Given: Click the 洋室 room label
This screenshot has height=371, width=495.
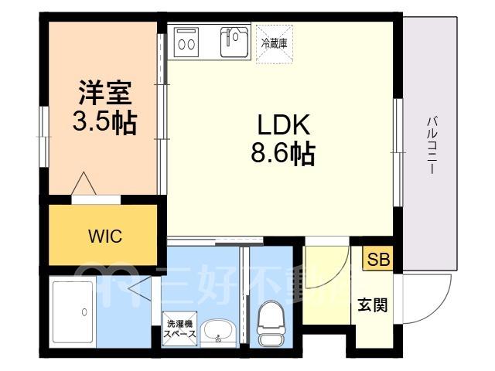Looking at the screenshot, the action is (x=105, y=93).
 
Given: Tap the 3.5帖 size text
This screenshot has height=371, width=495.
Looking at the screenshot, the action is (x=105, y=122).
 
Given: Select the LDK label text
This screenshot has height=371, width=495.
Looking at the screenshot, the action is (x=284, y=124).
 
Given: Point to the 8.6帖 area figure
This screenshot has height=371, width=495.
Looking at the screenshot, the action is (x=283, y=155).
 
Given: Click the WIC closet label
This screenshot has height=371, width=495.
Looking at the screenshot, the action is (x=105, y=236).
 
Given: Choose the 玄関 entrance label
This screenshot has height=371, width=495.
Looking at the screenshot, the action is (x=373, y=305).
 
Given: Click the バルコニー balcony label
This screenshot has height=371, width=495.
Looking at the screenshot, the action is (x=432, y=145).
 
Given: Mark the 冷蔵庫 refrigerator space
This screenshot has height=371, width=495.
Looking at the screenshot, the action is (x=275, y=44).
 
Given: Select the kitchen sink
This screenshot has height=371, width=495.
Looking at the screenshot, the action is (x=234, y=41).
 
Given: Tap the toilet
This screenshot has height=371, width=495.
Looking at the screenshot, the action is (x=271, y=323).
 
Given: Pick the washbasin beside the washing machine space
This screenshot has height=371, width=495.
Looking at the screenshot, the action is (x=218, y=332).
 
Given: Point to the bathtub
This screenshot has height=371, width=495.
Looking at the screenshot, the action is (x=73, y=312).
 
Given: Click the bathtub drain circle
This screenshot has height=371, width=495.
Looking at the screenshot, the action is (x=84, y=312).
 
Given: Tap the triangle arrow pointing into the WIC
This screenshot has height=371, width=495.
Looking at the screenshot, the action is (x=84, y=184).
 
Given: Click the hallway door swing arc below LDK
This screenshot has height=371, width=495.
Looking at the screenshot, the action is (x=335, y=279).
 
